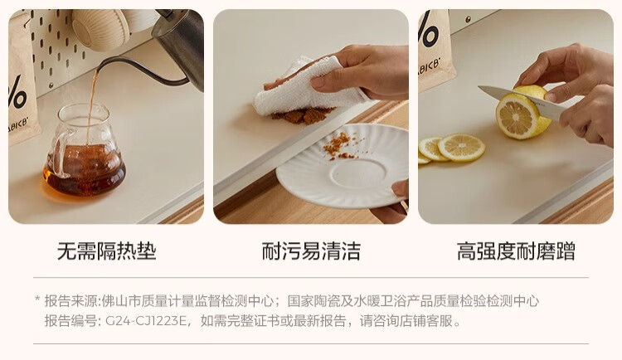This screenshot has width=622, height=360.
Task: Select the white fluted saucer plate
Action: click(x=342, y=166)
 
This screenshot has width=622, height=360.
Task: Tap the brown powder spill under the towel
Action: click(x=302, y=115)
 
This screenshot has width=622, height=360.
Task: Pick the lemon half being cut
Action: click(x=522, y=112)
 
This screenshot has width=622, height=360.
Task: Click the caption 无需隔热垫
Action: click(x=107, y=251)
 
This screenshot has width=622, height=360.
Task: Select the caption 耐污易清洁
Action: click(x=311, y=251)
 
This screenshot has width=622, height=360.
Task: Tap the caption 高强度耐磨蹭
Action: click(x=516, y=251)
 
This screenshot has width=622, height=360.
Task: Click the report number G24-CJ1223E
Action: click(x=146, y=321)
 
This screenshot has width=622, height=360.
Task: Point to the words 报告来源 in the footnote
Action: click(x=71, y=301)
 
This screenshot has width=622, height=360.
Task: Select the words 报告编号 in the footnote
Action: click(x=71, y=321)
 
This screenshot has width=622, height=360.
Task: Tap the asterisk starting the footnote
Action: click(x=37, y=299)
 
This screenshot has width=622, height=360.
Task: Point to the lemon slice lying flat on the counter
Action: click(x=461, y=148)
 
